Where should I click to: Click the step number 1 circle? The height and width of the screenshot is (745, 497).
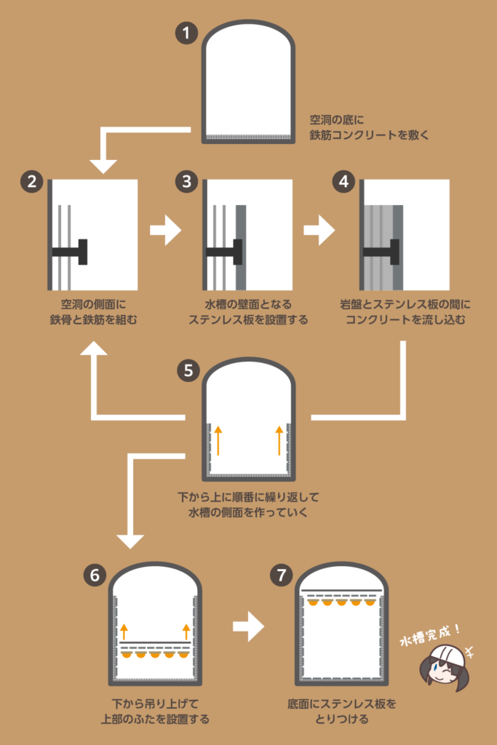(x=187, y=33)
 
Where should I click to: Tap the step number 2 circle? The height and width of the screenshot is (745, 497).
(x=31, y=182)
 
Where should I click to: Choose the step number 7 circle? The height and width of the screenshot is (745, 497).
(x=281, y=574)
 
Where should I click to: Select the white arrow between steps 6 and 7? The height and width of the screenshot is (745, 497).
(x=248, y=626)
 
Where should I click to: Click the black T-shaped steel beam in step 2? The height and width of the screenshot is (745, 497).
(x=73, y=252)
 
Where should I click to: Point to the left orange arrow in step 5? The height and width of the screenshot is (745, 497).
(x=218, y=441)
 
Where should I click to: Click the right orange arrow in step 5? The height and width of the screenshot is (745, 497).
(x=279, y=441)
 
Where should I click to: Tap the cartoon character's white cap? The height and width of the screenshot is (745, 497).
(x=446, y=652)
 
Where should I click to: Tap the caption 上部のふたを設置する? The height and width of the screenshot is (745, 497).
(x=155, y=720)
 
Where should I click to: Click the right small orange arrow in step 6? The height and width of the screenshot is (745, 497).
(x=186, y=630)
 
